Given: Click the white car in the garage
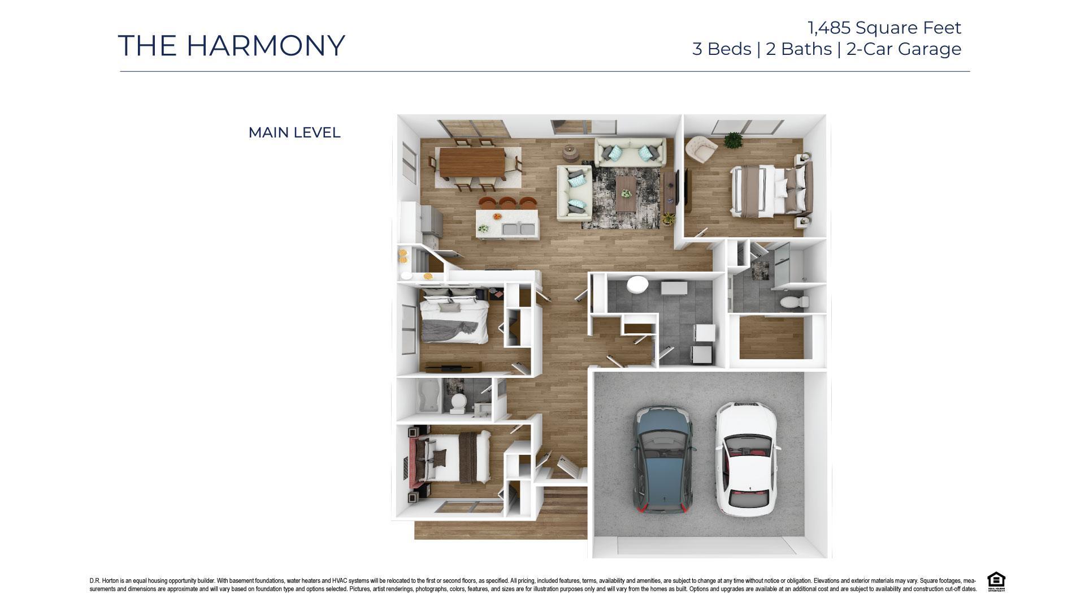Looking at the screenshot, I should (745, 458).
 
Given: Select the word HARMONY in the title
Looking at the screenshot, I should (265, 46).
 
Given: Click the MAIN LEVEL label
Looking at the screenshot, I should (294, 133).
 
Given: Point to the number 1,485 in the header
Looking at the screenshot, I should (829, 27).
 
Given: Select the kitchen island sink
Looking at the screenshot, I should (124, 230).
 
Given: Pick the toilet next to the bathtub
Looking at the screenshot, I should (458, 402).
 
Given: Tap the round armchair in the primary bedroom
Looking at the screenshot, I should (700, 149).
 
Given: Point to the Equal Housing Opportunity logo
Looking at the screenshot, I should (996, 582).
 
